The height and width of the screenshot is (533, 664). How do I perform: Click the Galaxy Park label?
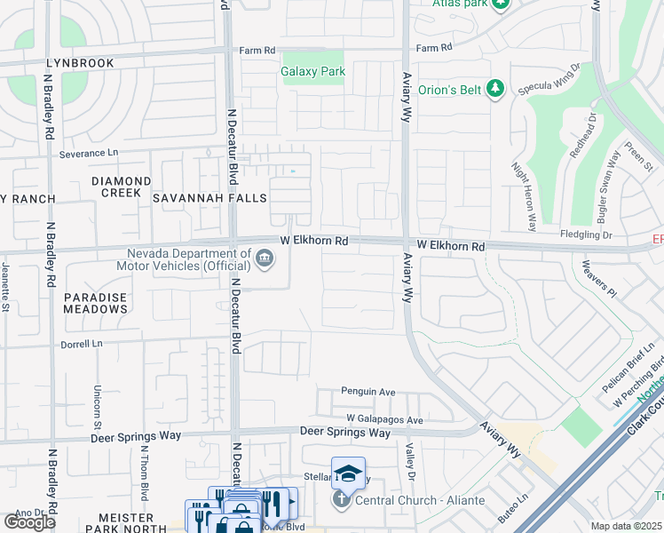[x=312, y=71]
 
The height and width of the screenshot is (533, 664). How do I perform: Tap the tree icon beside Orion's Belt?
[x=496, y=88]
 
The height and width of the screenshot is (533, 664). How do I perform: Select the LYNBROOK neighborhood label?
[x=81, y=64]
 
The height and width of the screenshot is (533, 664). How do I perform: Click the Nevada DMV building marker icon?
[x=264, y=259]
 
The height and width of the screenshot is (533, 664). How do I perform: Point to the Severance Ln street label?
[x=89, y=154]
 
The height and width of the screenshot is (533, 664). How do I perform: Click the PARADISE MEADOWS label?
[x=96, y=303]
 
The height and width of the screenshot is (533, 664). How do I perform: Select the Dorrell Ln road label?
[x=82, y=343]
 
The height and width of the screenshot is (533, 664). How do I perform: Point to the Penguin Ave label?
[x=368, y=392]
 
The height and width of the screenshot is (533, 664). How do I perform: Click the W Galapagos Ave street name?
[x=385, y=419]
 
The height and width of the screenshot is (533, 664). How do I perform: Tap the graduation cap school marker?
[x=349, y=473]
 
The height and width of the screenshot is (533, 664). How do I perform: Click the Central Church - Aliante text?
[x=420, y=500]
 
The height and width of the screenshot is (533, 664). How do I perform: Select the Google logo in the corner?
[x=29, y=522]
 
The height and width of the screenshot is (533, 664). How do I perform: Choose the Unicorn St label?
[x=97, y=404]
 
